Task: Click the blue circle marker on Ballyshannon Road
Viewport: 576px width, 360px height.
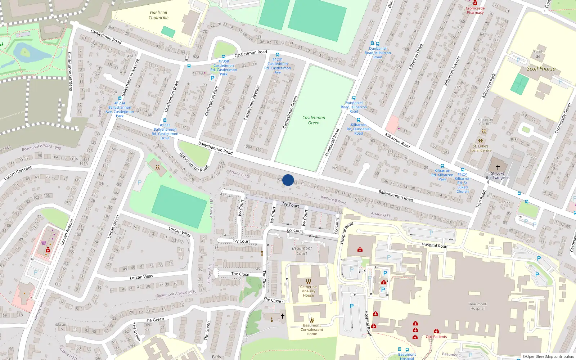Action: pyautogui.click(x=288, y=180)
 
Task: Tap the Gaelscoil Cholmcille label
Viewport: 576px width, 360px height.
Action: pyautogui.click(x=158, y=15)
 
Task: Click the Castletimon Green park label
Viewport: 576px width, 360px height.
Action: pyautogui.click(x=314, y=120)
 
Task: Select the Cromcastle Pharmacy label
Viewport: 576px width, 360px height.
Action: pyautogui.click(x=475, y=10)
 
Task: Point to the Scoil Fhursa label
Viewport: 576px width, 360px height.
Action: pyautogui.click(x=541, y=69)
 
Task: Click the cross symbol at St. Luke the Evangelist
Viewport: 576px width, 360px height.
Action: pyautogui.click(x=498, y=167)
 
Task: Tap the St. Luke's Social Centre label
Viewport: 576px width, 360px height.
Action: pyautogui.click(x=481, y=148)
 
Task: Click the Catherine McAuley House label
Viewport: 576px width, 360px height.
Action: pyautogui.click(x=308, y=291)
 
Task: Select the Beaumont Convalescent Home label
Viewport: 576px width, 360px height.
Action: pyautogui.click(x=312, y=329)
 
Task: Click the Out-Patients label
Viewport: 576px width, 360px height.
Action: pyautogui.click(x=436, y=337)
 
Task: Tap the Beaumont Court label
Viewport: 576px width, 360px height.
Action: pyautogui.click(x=302, y=251)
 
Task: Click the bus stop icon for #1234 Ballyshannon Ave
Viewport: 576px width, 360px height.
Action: pyautogui.click(x=120, y=98)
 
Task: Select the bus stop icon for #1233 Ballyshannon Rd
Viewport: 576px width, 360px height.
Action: pyautogui.click(x=165, y=120)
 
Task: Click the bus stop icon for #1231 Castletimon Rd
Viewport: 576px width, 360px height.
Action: pyautogui.click(x=278, y=55)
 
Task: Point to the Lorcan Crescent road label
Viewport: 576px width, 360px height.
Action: pyautogui.click(x=18, y=173)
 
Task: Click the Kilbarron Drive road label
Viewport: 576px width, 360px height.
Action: pyautogui.click(x=416, y=57)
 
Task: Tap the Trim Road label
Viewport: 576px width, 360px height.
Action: pyautogui.click(x=481, y=199)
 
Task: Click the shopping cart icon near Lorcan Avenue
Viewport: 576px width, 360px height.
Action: pyautogui.click(x=44, y=243)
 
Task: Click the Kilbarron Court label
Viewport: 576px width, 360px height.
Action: pyautogui.click(x=485, y=122)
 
